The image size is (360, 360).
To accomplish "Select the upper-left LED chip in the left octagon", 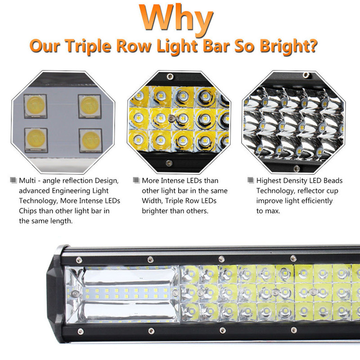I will point(35,105).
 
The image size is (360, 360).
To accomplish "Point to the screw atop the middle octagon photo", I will point(169,75).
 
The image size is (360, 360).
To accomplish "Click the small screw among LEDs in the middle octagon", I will point(171,118).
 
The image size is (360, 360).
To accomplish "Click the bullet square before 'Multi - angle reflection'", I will point(13,180).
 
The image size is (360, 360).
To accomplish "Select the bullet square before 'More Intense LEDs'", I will point(136,180).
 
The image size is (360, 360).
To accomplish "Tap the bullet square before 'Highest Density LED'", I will point(251,180).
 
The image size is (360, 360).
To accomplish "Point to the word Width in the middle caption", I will point(152,201).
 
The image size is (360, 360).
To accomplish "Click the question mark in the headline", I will point(312,45).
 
